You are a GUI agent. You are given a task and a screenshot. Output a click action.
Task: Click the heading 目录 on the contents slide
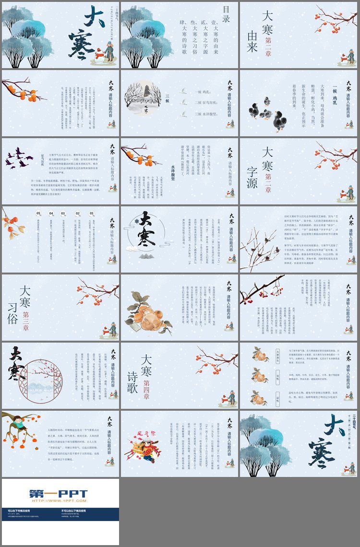click(227, 14)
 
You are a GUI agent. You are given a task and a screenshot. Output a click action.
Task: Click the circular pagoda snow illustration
click(142, 100)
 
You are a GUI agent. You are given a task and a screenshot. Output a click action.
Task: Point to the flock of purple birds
click(20, 157)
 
